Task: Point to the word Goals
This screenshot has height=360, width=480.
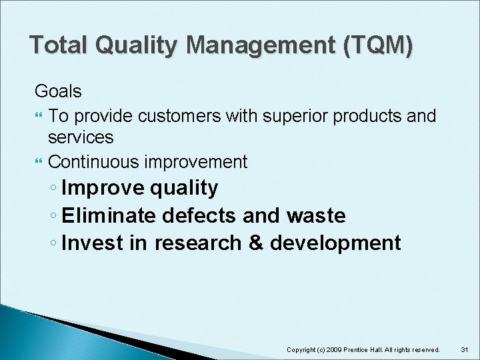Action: (58, 91)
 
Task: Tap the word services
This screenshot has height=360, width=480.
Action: (81, 137)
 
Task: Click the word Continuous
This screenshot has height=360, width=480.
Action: (94, 161)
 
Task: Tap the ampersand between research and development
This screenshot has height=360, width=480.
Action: (256, 243)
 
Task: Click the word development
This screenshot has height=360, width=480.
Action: (335, 243)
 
